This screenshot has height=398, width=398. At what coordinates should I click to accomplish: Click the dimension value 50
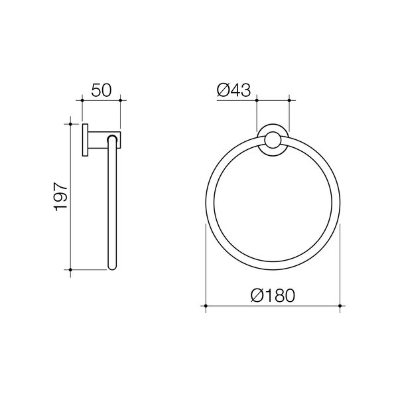tap(101, 90)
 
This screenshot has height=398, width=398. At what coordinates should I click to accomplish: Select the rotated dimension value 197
tap(60, 196)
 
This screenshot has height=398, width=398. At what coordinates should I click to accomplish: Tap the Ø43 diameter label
tap(233, 90)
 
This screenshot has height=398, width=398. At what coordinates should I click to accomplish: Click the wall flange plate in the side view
tap(86, 140)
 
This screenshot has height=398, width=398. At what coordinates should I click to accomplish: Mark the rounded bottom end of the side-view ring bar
tap(113, 267)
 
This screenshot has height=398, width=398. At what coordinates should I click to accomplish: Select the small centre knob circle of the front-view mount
tap(273, 140)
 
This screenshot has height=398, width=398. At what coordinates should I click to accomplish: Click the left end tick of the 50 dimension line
tap(82, 101)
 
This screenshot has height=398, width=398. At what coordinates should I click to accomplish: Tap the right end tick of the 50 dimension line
tap(120, 101)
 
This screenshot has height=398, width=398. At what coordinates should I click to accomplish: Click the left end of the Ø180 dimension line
tap(205, 306)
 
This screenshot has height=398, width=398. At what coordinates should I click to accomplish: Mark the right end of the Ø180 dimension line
tap(340, 306)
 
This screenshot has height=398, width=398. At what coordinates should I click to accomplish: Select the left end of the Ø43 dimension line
tap(257, 101)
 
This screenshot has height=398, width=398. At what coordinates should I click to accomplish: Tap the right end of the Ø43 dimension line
tap(289, 101)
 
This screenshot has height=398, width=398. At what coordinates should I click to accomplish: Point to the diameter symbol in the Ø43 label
tap(224, 90)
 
